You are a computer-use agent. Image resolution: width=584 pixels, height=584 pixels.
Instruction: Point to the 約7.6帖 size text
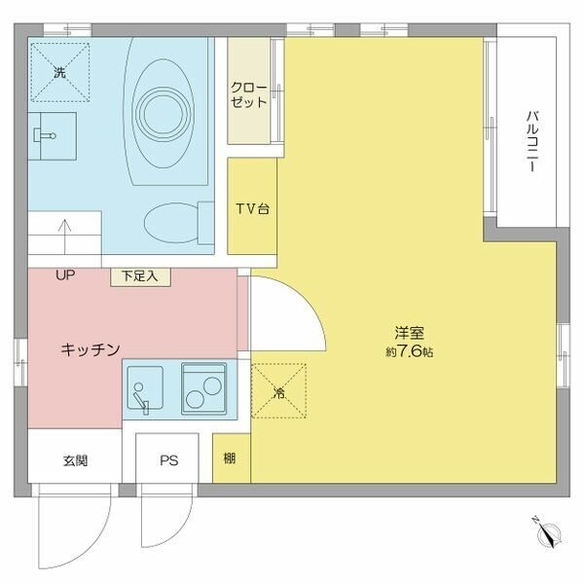(x=409, y=351)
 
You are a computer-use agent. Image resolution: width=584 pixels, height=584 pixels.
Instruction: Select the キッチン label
(x=90, y=348)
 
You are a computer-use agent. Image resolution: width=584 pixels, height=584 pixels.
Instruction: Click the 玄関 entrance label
(x=76, y=460)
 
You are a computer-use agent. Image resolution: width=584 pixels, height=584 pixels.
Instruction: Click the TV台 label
(x=252, y=207)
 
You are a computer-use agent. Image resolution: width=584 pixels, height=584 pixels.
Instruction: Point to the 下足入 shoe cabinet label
(x=146, y=276)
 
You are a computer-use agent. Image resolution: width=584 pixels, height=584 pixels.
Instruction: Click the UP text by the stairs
(x=65, y=276)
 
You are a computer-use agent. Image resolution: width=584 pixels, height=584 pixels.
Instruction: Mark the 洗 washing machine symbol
(x=58, y=71)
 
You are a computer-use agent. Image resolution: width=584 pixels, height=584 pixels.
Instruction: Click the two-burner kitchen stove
(x=204, y=388)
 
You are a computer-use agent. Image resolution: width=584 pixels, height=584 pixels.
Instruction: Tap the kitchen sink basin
(x=146, y=388)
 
